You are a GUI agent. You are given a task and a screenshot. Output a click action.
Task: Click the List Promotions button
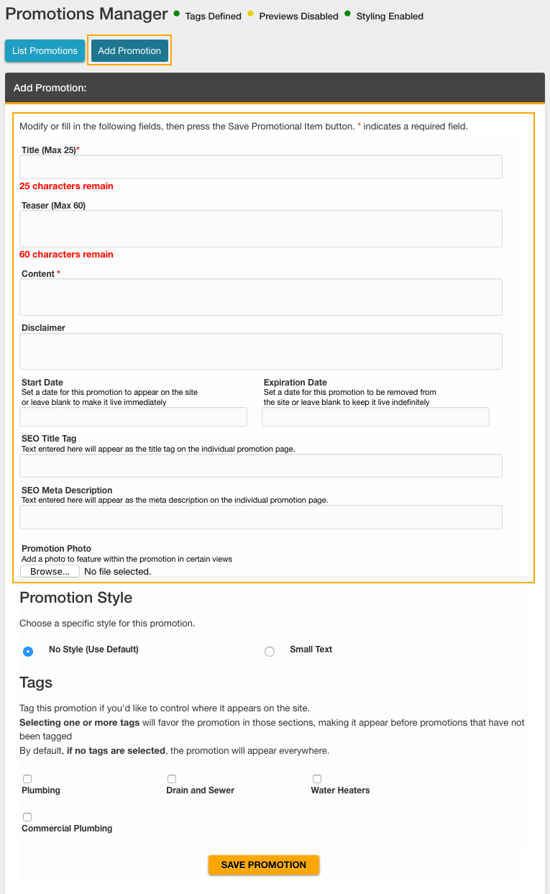[x=45, y=51]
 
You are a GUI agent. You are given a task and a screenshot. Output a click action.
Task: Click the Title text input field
[x=260, y=167]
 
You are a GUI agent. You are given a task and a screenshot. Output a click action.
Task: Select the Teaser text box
[x=260, y=229]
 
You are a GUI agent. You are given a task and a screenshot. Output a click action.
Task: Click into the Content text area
[x=260, y=297]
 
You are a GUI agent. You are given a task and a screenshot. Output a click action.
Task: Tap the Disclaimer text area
[x=260, y=351]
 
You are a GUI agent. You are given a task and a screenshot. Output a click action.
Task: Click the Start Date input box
[x=133, y=417]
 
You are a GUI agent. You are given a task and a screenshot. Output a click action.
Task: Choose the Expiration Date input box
[x=375, y=417]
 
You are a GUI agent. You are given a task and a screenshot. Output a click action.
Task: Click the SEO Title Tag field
[x=260, y=466]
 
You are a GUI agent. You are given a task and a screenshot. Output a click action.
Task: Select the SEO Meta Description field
[x=260, y=517]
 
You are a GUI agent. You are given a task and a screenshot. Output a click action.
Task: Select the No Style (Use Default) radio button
[x=28, y=652]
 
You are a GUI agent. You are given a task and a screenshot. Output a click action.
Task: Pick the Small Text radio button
[x=270, y=652]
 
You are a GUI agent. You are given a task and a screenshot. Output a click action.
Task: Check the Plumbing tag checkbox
[x=27, y=779]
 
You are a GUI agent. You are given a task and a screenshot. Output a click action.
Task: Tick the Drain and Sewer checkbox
[x=172, y=779]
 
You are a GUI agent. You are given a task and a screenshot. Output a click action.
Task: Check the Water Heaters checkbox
[x=317, y=779]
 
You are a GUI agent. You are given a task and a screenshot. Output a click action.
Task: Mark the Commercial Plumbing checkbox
[x=27, y=817]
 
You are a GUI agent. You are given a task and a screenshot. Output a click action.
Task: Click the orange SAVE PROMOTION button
[x=263, y=865]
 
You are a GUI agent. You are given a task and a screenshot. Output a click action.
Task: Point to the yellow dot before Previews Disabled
[x=250, y=14]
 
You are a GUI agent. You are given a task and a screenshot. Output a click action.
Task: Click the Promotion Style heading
[x=75, y=598]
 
